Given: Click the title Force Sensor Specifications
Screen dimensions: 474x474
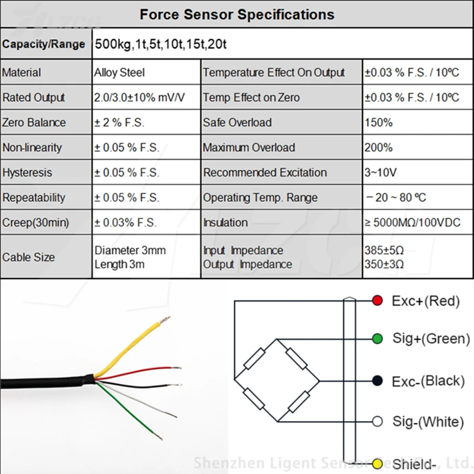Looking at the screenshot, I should tap(237, 14).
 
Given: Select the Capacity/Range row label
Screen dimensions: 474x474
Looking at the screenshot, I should tap(43, 44).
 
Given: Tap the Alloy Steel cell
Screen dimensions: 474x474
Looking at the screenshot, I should tap(119, 73).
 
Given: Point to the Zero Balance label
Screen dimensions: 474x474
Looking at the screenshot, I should tap(34, 123).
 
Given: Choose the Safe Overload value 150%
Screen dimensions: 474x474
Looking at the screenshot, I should tap(378, 123).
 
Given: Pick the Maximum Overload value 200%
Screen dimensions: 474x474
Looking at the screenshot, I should tap(379, 148).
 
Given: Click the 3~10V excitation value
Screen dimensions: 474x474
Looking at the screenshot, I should tap(380, 172).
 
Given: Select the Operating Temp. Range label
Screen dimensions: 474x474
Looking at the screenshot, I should tap(260, 198).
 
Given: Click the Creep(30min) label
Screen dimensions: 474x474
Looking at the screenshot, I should tap(36, 223).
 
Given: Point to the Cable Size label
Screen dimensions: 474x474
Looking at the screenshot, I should tap(28, 257).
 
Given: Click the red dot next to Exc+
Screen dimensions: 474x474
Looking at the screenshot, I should tap(377, 300).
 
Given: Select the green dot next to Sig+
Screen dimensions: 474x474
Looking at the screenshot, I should tap(377, 339).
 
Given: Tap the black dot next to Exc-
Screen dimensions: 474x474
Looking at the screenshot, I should tap(377, 380).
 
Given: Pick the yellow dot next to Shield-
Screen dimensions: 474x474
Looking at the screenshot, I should tap(377, 463).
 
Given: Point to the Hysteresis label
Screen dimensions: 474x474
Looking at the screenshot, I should tap(27, 173).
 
